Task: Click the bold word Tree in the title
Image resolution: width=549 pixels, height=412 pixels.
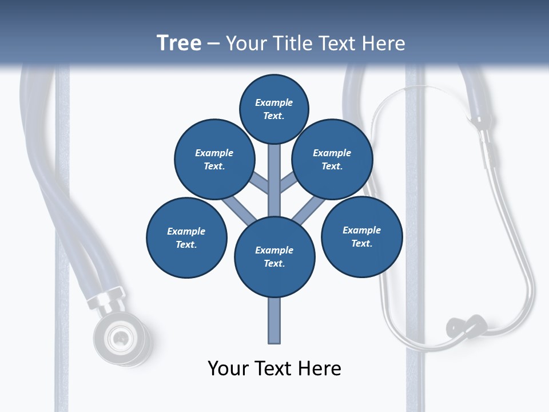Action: tap(179, 43)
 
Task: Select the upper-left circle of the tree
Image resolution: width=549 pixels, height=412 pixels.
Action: tap(214, 159)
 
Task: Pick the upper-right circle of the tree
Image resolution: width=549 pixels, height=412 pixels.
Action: tap(332, 159)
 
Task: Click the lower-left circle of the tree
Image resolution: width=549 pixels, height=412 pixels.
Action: tap(186, 237)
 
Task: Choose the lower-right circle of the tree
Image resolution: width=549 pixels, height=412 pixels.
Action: tap(361, 236)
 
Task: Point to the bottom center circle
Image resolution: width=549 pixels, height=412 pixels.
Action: tap(274, 256)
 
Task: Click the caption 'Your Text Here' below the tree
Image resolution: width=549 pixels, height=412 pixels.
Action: tap(274, 369)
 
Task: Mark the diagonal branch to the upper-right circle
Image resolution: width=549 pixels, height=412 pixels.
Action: tap(288, 183)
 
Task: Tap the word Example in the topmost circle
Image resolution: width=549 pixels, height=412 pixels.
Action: tap(274, 102)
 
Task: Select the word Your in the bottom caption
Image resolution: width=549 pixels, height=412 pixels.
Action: tap(228, 369)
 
